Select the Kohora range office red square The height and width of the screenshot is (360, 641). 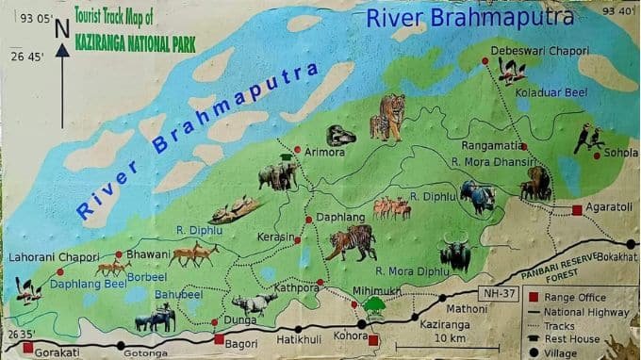(373, 340)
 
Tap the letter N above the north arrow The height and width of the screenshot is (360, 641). (62, 29)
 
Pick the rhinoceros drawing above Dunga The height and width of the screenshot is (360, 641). (255, 303)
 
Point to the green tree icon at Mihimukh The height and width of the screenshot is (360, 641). (375, 304)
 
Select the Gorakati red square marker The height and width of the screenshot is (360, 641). (27, 347)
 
